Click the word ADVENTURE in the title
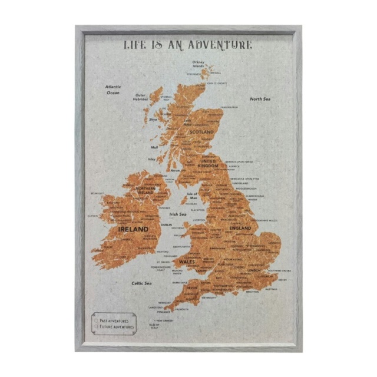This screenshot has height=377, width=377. click(x=224, y=45)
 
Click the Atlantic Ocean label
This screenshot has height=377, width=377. click(x=113, y=90)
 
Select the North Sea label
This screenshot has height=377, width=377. click(x=260, y=99)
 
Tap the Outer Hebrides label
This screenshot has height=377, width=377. click(x=141, y=97)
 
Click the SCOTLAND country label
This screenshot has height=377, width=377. click(x=201, y=132)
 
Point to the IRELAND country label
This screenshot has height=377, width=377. click(x=133, y=229)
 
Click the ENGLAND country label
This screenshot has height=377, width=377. click(x=240, y=228)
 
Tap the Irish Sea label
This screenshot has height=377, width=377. click(x=178, y=214)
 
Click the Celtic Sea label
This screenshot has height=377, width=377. click(x=141, y=283)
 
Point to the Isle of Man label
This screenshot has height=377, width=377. click(x=192, y=196)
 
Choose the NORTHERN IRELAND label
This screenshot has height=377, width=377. click(x=145, y=190)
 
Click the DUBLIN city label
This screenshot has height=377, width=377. click(x=167, y=224)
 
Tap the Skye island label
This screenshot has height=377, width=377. click(x=153, y=119)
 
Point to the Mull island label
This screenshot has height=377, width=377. click(x=154, y=147)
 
